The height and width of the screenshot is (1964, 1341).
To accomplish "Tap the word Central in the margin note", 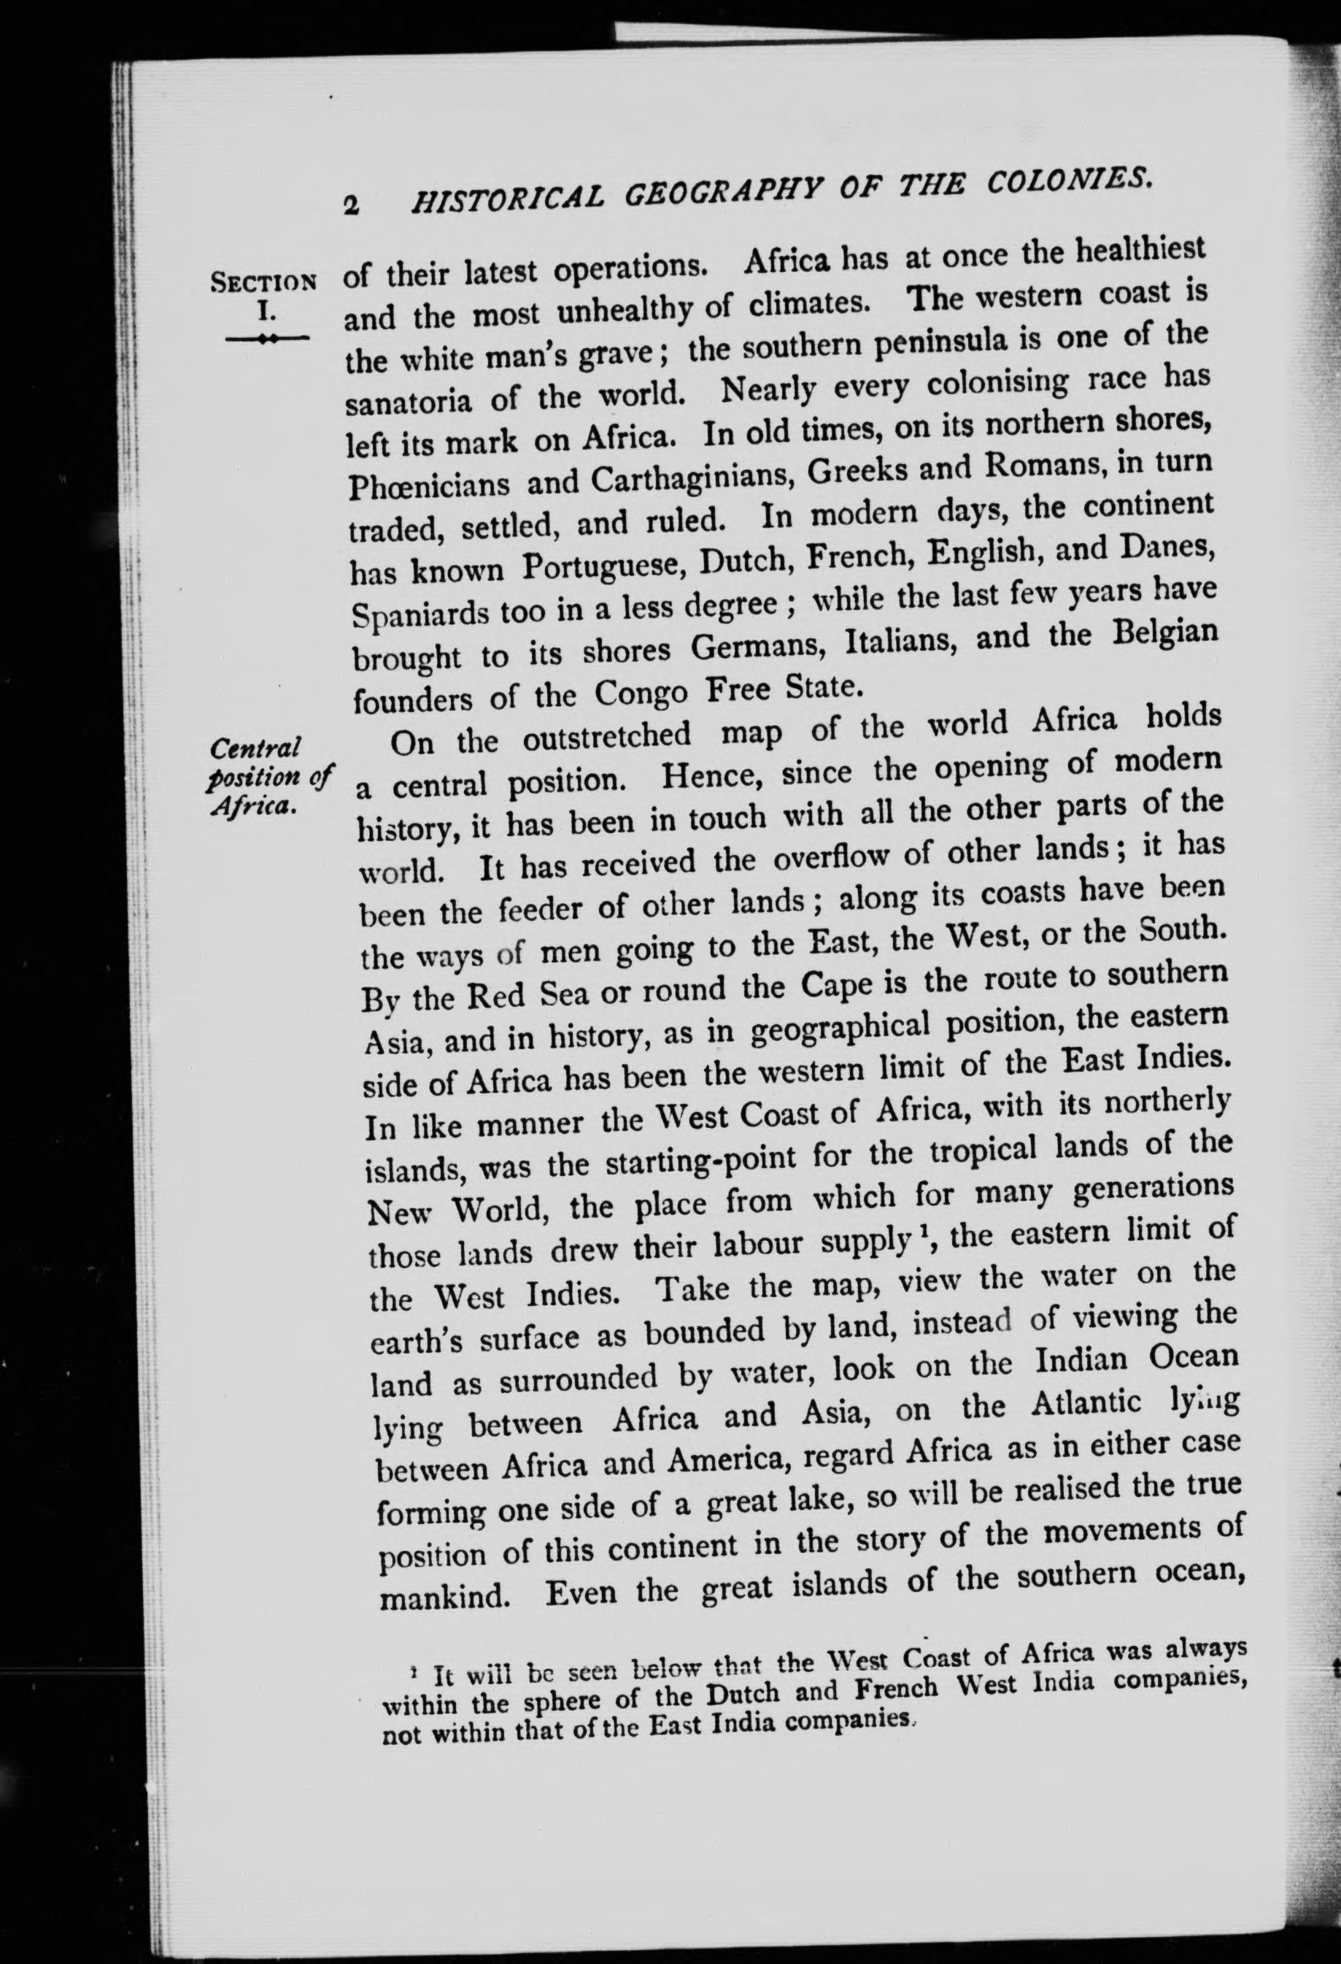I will pyautogui.click(x=256, y=747).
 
